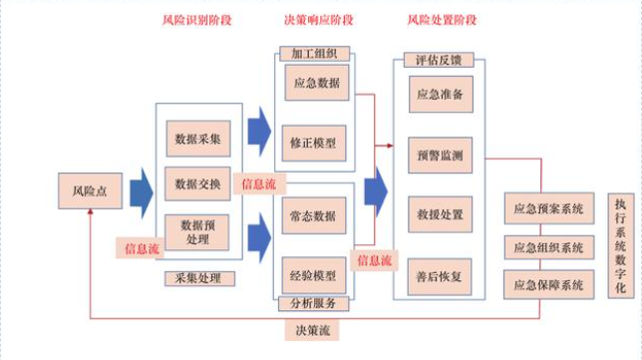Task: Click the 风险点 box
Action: [84, 188]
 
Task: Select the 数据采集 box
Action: [196, 139]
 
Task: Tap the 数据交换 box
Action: [196, 183]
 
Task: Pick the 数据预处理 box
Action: [196, 232]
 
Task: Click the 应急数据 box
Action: [314, 83]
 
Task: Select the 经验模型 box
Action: [314, 274]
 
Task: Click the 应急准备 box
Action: [439, 95]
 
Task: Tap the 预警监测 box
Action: [439, 155]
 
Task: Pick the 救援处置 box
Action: [439, 214]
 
